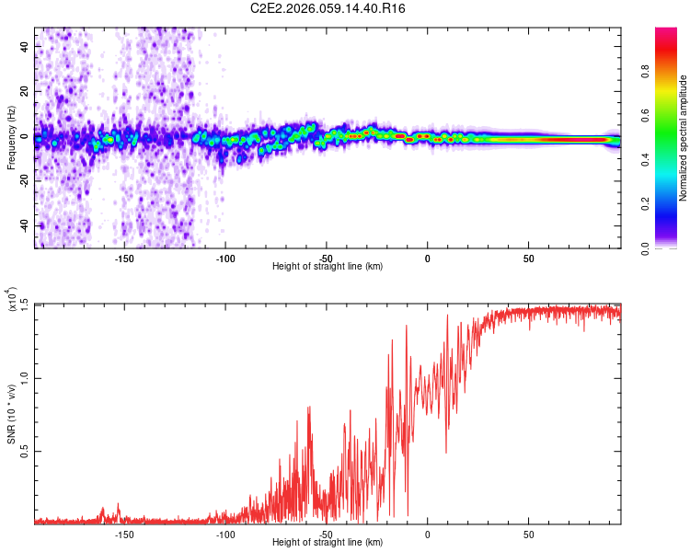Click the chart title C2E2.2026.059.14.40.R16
tap(328, 8)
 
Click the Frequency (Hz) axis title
tap(11, 138)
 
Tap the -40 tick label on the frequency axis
tap(25, 226)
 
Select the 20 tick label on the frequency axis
tap(25, 91)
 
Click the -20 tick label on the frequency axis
tap(25, 181)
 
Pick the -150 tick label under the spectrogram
tap(124, 259)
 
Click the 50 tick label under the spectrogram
tap(528, 259)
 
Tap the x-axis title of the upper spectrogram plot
tap(328, 266)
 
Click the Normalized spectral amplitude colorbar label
tap(683, 138)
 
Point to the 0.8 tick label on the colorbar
tap(645, 71)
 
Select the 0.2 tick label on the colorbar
tap(645, 204)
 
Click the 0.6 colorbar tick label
tap(645, 115)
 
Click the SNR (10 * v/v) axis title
tap(11, 414)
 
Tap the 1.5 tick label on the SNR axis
tap(25, 305)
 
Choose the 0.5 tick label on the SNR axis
tap(25, 451)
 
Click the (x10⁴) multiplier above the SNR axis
tap(12, 299)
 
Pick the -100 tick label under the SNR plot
tap(225, 535)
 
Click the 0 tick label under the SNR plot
tap(427, 535)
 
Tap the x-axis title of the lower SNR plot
tap(328, 542)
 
